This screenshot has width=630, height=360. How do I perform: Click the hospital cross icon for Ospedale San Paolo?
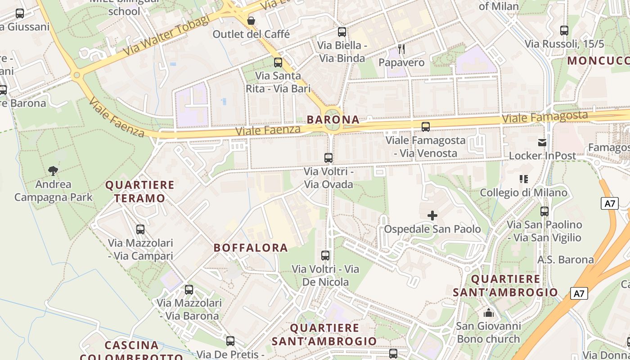point(432,216)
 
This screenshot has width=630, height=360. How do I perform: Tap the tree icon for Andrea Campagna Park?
point(53,171)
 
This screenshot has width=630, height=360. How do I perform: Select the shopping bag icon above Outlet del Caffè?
point(251,21)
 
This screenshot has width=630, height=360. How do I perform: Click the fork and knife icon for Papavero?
point(401,49)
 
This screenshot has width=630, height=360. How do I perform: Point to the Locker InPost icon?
point(542,143)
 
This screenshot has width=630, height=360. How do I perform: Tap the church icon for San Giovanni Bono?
point(488,312)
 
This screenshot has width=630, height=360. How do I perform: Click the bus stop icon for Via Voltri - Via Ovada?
point(328,158)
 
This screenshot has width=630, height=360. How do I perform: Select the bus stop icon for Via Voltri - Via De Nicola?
point(325,256)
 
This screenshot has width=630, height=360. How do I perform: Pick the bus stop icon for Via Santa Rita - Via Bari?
point(278,63)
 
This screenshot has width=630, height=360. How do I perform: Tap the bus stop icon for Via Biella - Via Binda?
point(342,32)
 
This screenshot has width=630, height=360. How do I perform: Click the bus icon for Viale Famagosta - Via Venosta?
point(425,127)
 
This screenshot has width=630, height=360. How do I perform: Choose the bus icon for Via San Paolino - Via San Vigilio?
point(544,211)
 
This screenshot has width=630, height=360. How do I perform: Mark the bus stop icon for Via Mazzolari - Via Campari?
point(140,229)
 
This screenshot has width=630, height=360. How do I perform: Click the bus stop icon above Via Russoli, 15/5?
point(564,31)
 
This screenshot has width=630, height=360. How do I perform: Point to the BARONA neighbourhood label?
point(333,119)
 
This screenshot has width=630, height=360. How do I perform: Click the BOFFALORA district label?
point(251,247)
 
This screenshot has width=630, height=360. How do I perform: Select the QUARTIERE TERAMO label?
point(139,191)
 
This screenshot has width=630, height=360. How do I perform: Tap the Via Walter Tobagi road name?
point(166,35)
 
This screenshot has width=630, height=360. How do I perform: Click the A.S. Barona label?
point(566,260)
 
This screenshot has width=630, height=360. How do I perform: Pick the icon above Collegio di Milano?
point(523,179)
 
